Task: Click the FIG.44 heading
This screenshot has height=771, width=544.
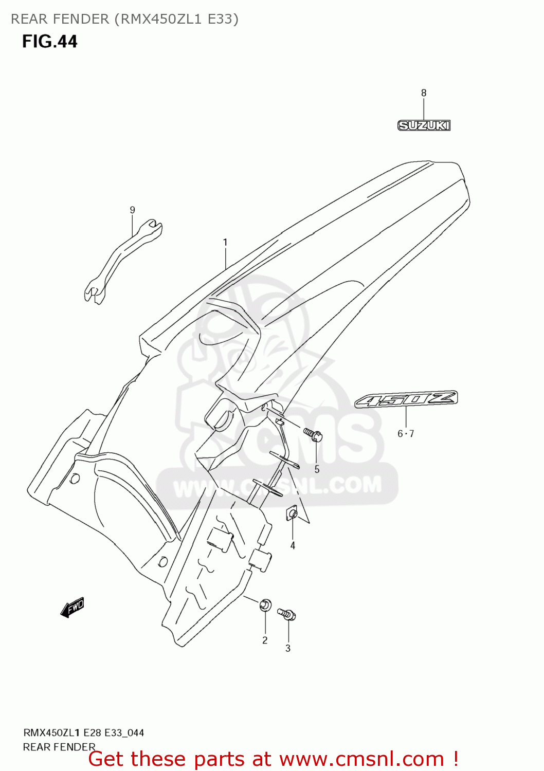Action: coord(49,42)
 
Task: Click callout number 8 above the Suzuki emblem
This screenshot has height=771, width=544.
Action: coord(424,93)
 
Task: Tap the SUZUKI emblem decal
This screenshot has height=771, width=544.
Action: coord(424,125)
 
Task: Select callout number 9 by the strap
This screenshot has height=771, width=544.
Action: coord(133,210)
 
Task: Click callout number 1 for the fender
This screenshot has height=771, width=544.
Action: coord(225,242)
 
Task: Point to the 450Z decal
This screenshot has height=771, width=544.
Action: coord(406,399)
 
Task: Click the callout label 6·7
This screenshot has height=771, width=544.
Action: coord(406,434)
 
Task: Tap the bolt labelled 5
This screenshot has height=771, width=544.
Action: coord(313,435)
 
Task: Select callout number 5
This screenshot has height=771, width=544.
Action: coord(317,469)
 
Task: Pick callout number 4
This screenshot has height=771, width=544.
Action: coord(293,545)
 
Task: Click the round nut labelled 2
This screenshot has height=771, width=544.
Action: coord(265,605)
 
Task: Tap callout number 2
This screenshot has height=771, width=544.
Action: coord(265,640)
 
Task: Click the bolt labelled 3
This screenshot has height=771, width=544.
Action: coord(286,614)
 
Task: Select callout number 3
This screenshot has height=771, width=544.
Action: coord(288,649)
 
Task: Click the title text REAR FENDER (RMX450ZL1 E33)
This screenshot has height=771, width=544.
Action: coord(124,19)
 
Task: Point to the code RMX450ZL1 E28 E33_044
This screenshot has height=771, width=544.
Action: coord(83,732)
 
